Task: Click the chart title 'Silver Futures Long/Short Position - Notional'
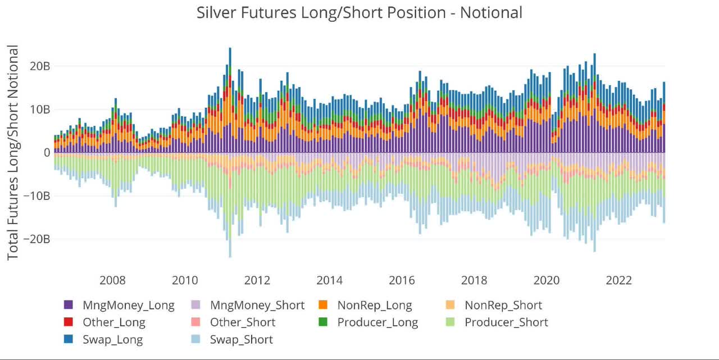point(359,12)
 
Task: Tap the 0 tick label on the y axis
point(47,153)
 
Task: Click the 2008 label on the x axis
point(112,280)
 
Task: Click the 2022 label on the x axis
point(619,280)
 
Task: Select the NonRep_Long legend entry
point(375,306)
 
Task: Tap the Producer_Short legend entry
point(506,322)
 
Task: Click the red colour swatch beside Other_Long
point(69,322)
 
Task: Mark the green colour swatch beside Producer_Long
point(324,322)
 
